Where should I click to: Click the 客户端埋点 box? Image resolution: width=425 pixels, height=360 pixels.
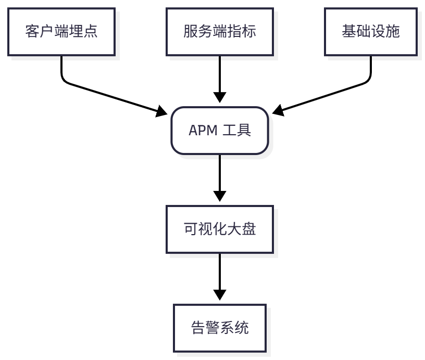[61, 32]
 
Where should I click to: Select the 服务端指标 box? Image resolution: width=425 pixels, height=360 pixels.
[220, 32]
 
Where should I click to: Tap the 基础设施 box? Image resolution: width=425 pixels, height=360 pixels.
[370, 32]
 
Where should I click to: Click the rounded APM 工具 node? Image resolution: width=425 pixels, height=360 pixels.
[220, 131]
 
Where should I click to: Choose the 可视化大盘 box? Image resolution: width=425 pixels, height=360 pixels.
[220, 229]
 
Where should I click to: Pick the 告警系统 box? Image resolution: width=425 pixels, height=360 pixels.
[220, 328]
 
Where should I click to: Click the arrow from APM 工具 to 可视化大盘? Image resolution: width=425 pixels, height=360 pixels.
[220, 177]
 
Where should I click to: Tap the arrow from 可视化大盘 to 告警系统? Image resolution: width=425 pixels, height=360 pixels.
[220, 276]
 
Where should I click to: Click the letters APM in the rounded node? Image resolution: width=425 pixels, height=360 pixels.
[201, 131]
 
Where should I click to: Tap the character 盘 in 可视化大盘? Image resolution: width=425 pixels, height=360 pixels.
[249, 229]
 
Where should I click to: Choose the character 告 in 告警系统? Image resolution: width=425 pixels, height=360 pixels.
[198, 328]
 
